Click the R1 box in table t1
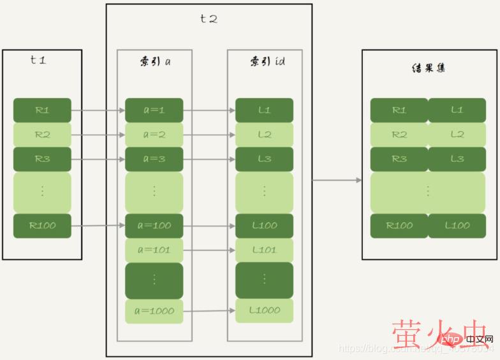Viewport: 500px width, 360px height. click(x=42, y=110)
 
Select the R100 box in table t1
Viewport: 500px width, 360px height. click(x=42, y=226)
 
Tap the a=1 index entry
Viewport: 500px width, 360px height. click(x=154, y=110)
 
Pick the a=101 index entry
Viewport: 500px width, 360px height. click(x=154, y=250)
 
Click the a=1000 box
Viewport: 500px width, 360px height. click(x=154, y=311)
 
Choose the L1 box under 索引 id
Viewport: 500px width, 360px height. click(x=264, y=110)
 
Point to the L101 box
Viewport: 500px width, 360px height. click(x=264, y=250)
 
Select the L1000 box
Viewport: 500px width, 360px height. click(x=264, y=310)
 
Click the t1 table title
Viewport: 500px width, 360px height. click(x=38, y=61)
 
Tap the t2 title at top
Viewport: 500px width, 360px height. click(x=209, y=18)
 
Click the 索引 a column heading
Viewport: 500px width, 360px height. click(x=155, y=62)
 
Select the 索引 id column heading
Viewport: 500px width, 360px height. click(x=263, y=62)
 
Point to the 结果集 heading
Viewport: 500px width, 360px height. click(x=429, y=67)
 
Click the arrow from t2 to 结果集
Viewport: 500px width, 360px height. click(x=337, y=180)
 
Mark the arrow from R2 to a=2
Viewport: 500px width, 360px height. click(x=98, y=135)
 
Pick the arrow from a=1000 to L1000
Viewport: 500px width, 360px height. click(x=213, y=312)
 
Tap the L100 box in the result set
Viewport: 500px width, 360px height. click(x=457, y=226)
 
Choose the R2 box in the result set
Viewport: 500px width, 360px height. click(x=399, y=134)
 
